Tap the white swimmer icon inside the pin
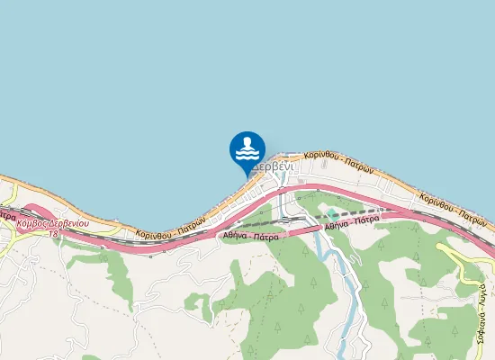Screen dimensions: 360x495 pyautogui.click(x=247, y=148)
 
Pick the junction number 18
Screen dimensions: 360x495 pyautogui.click(x=53, y=232)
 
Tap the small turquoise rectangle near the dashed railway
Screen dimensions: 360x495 pyautogui.click(x=331, y=213)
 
